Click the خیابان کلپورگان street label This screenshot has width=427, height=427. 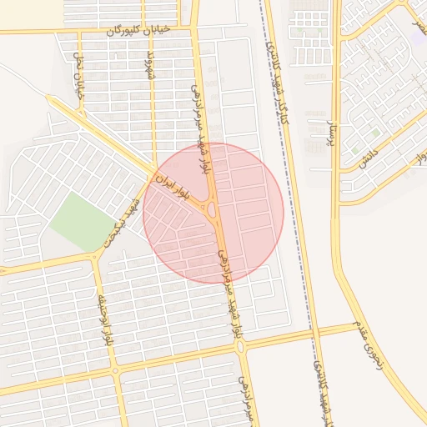click(138, 30)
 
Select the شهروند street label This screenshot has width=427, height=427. click(151, 65)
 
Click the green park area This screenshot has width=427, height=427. click(82, 221)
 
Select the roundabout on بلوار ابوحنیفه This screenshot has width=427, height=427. click(115, 369)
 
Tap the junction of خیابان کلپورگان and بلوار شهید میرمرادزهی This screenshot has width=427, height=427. click(195, 31)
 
